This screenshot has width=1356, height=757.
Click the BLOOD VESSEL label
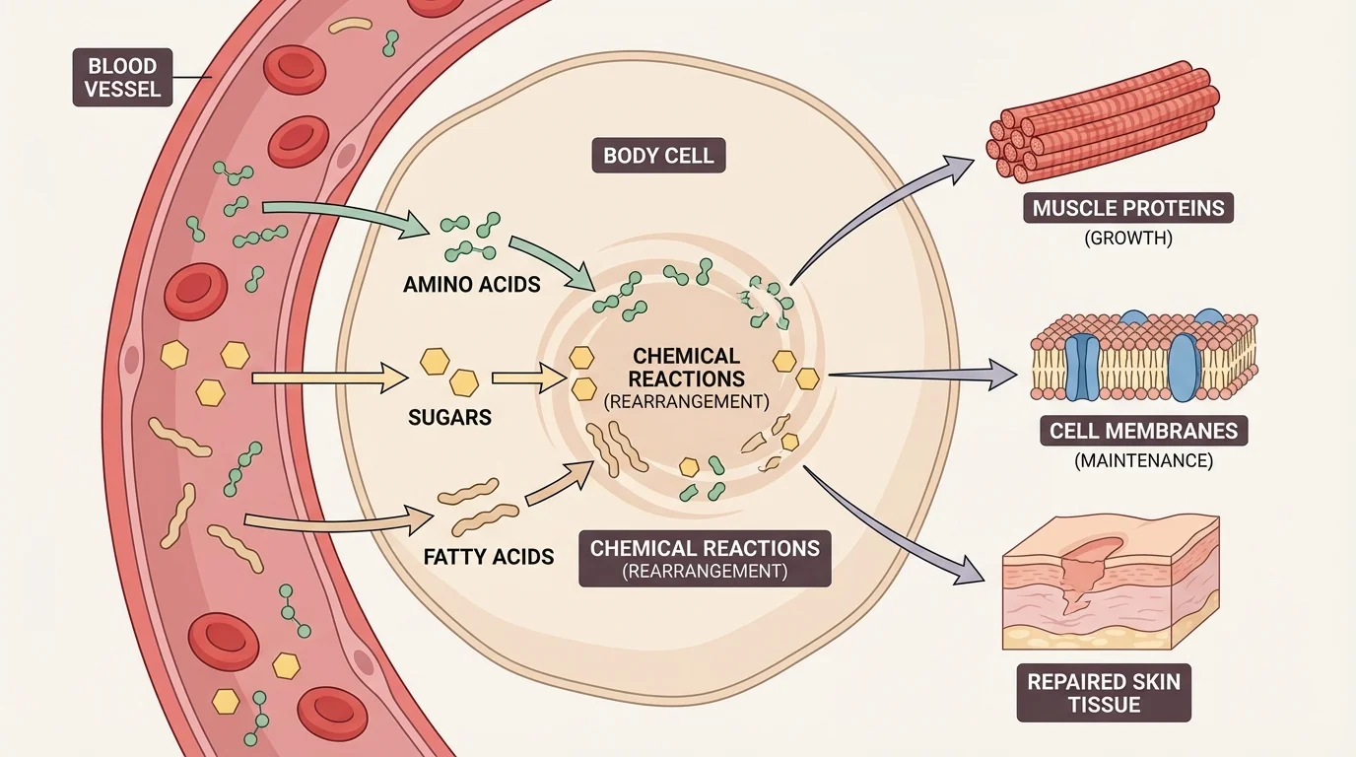(x=122, y=80)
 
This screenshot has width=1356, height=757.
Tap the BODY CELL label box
(x=658, y=156)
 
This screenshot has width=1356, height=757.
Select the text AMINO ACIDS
(x=472, y=285)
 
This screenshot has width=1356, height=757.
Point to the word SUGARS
(x=449, y=418)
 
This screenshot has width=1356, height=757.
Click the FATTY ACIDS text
(x=488, y=556)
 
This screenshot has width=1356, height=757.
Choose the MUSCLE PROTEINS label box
(x=1127, y=208)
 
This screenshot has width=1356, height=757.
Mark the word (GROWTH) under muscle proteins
(x=1127, y=239)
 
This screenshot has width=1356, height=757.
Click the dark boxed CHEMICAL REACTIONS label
(x=704, y=559)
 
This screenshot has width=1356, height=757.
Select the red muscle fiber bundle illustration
(x=1102, y=121)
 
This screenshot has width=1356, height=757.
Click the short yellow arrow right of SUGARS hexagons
(x=527, y=378)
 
